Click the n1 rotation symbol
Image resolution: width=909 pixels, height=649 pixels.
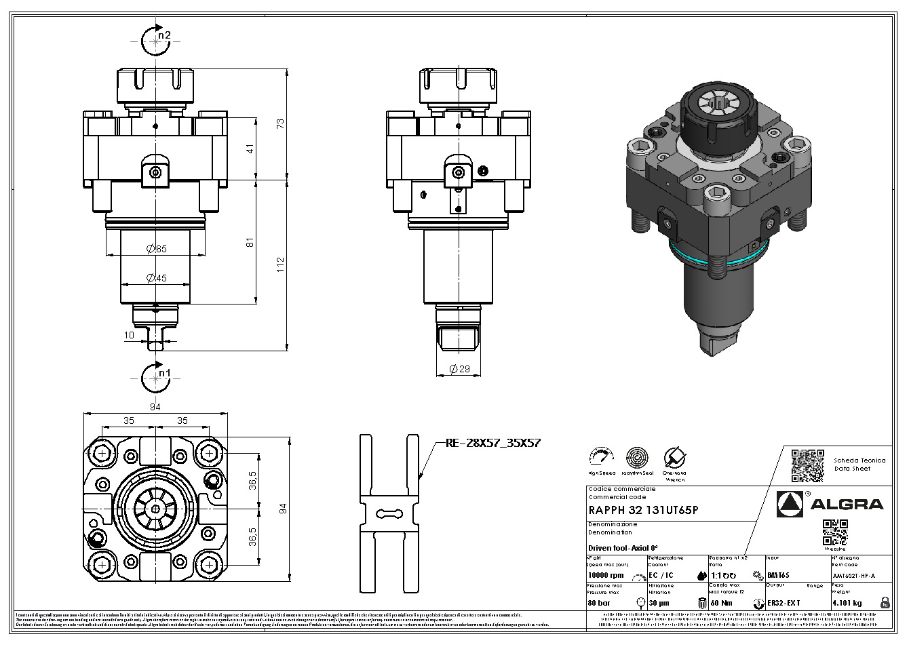tap(157, 378)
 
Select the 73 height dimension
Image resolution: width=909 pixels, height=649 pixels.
tap(279, 123)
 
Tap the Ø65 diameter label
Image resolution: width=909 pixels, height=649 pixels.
tap(156, 249)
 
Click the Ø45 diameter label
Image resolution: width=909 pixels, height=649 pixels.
tap(156, 277)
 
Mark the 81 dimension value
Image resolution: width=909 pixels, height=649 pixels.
tap(250, 242)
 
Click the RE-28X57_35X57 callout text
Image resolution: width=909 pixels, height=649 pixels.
tap(492, 443)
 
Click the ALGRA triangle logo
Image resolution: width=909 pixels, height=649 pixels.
tap(790, 503)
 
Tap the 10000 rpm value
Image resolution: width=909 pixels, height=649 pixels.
tap(606, 575)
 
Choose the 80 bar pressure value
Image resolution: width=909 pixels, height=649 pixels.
tap(599, 602)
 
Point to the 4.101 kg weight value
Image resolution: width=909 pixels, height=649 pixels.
tap(847, 602)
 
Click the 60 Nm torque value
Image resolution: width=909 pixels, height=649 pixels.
tap(722, 602)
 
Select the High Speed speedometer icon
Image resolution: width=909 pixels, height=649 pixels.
tap(602, 457)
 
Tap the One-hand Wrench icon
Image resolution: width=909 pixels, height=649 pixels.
tap(674, 457)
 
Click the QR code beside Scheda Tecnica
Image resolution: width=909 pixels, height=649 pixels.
tap(807, 464)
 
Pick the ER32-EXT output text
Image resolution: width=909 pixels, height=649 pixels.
tap(784, 602)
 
